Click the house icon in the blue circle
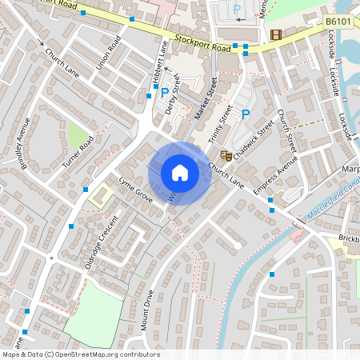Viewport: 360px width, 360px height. point(180,173)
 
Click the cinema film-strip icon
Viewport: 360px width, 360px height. point(276,34)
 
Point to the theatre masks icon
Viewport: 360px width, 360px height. point(226,155)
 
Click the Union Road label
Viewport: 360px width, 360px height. point(109,51)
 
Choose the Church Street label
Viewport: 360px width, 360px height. point(286,132)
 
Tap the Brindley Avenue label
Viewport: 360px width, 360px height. point(20,142)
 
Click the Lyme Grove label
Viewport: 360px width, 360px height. point(134,189)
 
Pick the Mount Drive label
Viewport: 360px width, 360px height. point(148,310)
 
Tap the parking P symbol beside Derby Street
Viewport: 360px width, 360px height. point(165,93)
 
